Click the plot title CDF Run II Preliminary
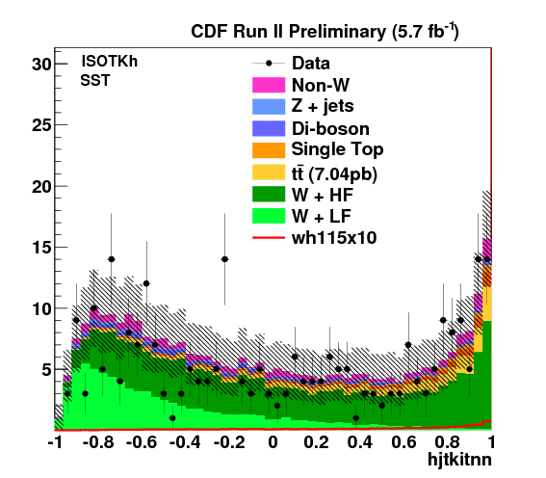pyautogui.click(x=289, y=32)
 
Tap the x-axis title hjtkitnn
pyautogui.click(x=459, y=459)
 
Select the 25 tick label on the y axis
pyautogui.click(x=41, y=125)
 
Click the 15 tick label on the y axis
pyautogui.click(x=41, y=248)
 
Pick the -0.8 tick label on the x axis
pyautogui.click(x=98, y=442)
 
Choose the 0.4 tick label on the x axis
pyautogui.click(x=360, y=442)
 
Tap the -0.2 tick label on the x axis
pyautogui.click(x=229, y=442)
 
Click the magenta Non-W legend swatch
pyautogui.click(x=269, y=85)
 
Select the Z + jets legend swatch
pyautogui.click(x=269, y=107)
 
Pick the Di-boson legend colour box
pyautogui.click(x=269, y=128)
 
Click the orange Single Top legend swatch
pyautogui.click(x=269, y=149)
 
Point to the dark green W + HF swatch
pyautogui.click(x=269, y=194)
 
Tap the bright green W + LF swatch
pyautogui.click(x=269, y=216)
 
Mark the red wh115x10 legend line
pyautogui.click(x=269, y=238)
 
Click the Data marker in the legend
pyautogui.click(x=269, y=64)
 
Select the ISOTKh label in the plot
pyautogui.click(x=110, y=62)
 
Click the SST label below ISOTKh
pyautogui.click(x=95, y=81)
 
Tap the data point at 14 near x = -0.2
pyautogui.click(x=225, y=259)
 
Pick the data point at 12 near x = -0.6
pyautogui.click(x=146, y=283)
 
